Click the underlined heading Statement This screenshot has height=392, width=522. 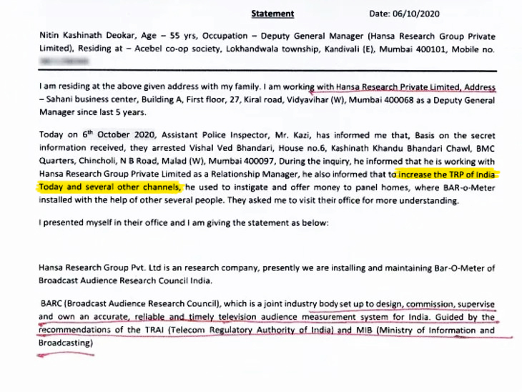(272, 13)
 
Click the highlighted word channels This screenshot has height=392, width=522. (159, 187)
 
